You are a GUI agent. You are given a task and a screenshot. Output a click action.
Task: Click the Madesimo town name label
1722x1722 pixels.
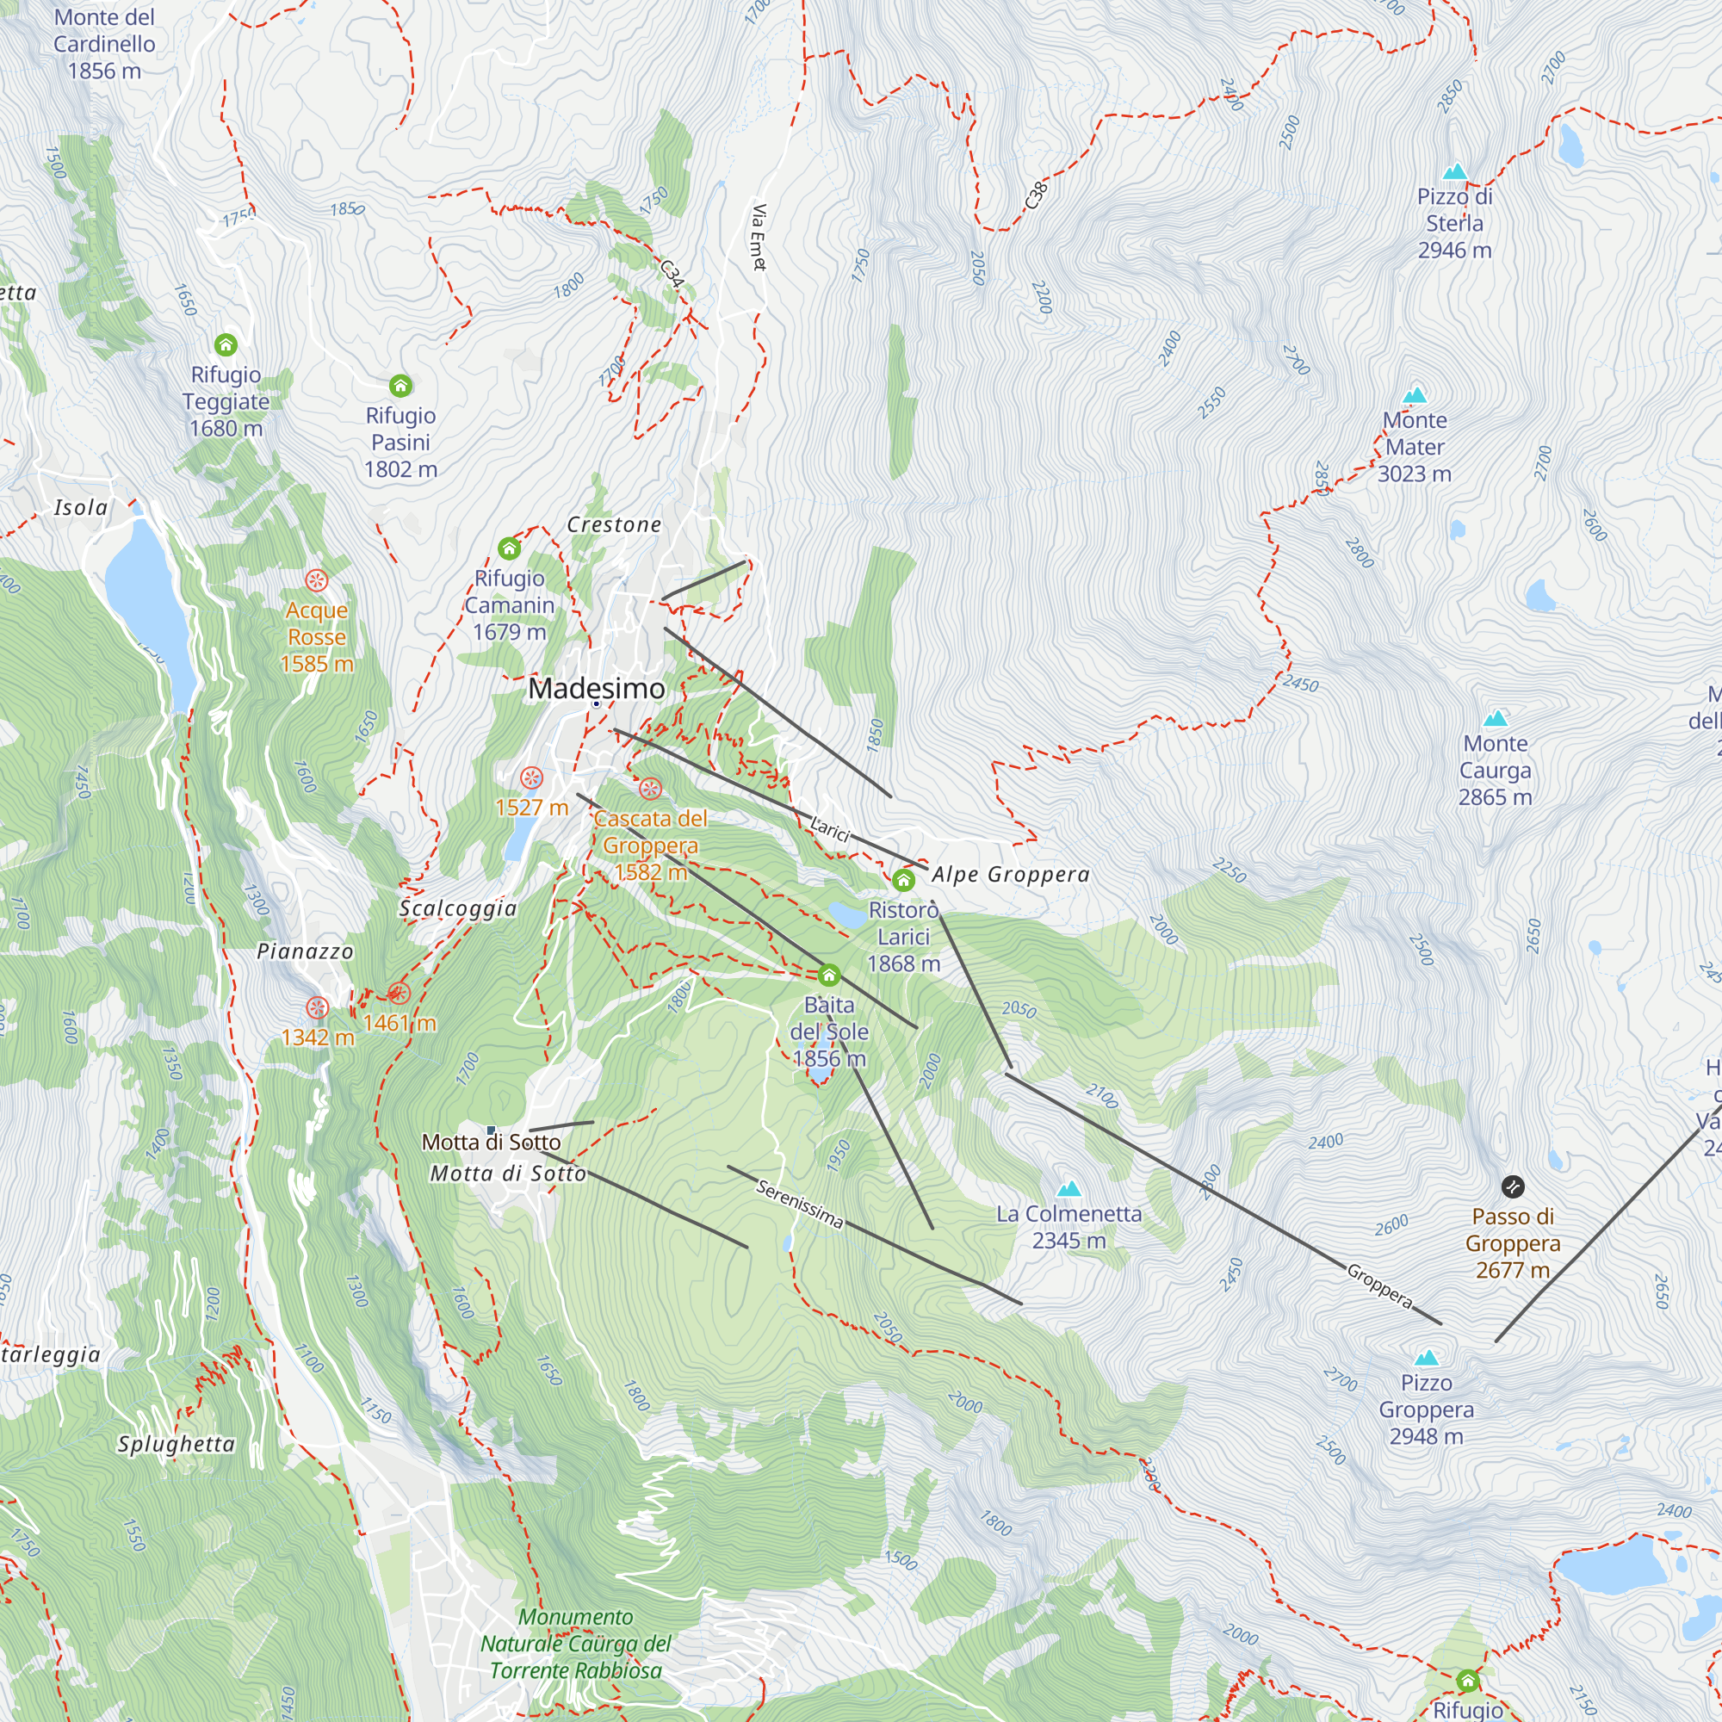(x=597, y=689)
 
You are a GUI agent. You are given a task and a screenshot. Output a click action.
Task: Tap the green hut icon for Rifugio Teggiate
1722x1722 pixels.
(x=226, y=344)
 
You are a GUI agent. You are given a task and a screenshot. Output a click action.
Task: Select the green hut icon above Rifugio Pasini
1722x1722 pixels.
(x=400, y=385)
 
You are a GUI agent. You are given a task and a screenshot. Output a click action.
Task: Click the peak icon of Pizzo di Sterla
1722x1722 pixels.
(x=1454, y=171)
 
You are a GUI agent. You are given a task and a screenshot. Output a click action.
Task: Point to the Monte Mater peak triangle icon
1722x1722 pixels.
(x=1415, y=395)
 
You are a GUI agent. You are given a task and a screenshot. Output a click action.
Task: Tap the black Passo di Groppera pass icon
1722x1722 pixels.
(x=1513, y=1186)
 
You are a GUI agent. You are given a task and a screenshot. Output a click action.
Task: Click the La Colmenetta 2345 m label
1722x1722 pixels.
(x=1069, y=1226)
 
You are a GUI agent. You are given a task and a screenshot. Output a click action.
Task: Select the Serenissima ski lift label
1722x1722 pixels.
(x=800, y=1205)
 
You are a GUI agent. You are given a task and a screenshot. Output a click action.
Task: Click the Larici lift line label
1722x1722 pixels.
(x=830, y=829)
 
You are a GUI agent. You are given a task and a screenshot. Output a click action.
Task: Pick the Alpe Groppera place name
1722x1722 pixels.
(x=1010, y=875)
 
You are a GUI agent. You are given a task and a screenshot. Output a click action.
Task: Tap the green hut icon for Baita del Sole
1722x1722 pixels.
(x=829, y=974)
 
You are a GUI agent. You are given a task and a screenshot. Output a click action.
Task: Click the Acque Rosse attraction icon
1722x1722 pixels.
(x=316, y=580)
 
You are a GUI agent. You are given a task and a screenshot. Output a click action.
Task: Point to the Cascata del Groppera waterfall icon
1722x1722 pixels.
(x=650, y=789)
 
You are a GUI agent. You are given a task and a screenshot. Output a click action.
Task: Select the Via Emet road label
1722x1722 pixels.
(x=759, y=236)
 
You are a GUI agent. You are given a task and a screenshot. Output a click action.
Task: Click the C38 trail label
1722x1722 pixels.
(x=1036, y=195)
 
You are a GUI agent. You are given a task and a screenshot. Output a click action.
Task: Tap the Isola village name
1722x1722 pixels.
(x=81, y=508)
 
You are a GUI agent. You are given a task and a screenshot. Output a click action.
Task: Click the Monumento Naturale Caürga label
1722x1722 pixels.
(x=576, y=1644)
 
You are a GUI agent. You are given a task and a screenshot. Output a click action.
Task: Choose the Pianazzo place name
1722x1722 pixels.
(x=305, y=952)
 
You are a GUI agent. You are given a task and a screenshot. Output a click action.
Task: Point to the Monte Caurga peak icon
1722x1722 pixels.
(x=1495, y=718)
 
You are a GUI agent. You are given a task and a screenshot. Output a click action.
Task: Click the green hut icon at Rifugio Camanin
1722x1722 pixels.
(x=509, y=548)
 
